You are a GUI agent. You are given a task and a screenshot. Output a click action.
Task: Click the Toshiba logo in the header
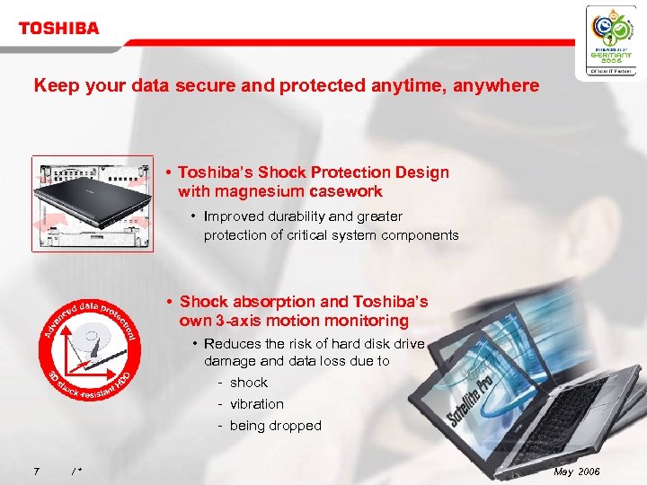[58, 28]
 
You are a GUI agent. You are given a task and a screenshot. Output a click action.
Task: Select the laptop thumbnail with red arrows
[92, 204]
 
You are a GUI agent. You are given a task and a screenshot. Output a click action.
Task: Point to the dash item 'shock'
[248, 383]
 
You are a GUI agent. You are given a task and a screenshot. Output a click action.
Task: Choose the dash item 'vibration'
[256, 404]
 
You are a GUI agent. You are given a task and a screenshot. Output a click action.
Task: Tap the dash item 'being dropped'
[275, 426]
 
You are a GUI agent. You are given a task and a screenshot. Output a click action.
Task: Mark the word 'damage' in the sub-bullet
[229, 361]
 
